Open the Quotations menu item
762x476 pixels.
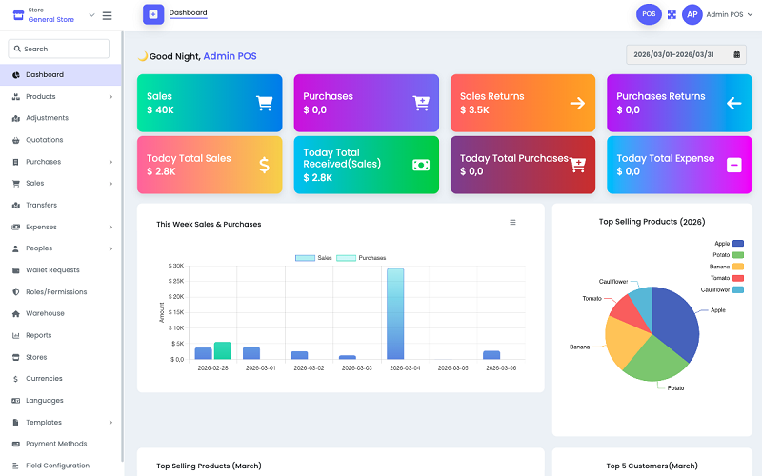click(44, 140)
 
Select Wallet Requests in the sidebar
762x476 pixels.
click(52, 270)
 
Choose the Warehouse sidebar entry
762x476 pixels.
click(45, 313)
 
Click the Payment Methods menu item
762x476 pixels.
click(55, 444)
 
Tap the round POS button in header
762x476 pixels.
click(649, 14)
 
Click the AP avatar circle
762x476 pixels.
click(692, 14)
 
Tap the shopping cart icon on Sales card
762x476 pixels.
click(265, 103)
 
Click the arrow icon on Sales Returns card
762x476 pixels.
click(577, 103)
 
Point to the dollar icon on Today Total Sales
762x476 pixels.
click(264, 165)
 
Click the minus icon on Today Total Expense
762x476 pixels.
click(733, 165)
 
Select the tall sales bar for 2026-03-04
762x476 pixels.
click(394, 313)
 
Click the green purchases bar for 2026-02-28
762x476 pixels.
click(223, 350)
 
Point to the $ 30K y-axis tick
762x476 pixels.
click(176, 266)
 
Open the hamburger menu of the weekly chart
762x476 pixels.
click(512, 223)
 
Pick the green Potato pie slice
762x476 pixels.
click(655, 356)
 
